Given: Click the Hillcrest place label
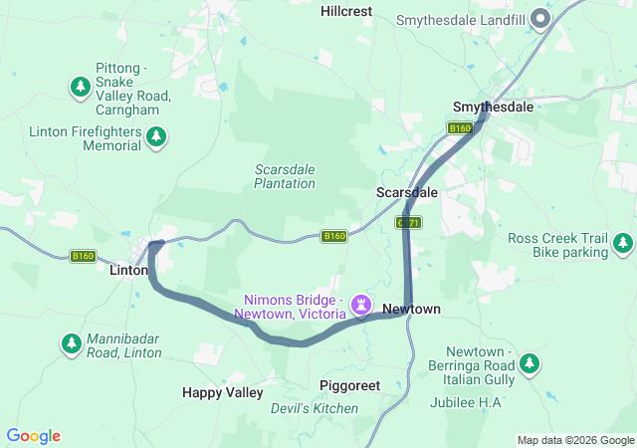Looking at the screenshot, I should pos(345,11).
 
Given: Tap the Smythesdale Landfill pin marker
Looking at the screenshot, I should pos(540,18).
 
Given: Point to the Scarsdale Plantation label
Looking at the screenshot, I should pos(285,176).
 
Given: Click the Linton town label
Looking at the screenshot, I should pos(128,270).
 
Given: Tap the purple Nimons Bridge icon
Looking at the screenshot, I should pos(362,302).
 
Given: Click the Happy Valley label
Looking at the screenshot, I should pos(222,392).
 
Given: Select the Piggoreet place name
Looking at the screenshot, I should pos(350,385).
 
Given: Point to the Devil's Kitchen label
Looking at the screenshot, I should pos(315,408).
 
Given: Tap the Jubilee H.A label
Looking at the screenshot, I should pos(466,402).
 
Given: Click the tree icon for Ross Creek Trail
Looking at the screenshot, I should pos(623,242).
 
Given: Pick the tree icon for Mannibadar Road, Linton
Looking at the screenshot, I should pos(72,343).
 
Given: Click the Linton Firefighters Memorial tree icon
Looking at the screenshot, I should pos(156,137).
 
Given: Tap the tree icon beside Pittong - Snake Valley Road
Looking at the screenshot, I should pos(81,87).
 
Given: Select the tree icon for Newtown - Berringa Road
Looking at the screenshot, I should pos(530,362).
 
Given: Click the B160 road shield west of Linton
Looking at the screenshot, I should pos(84,256).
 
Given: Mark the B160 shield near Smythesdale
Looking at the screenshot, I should pos(459,128).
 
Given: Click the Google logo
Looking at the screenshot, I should pos(34,436).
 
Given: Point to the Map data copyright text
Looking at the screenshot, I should pos(574,440).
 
